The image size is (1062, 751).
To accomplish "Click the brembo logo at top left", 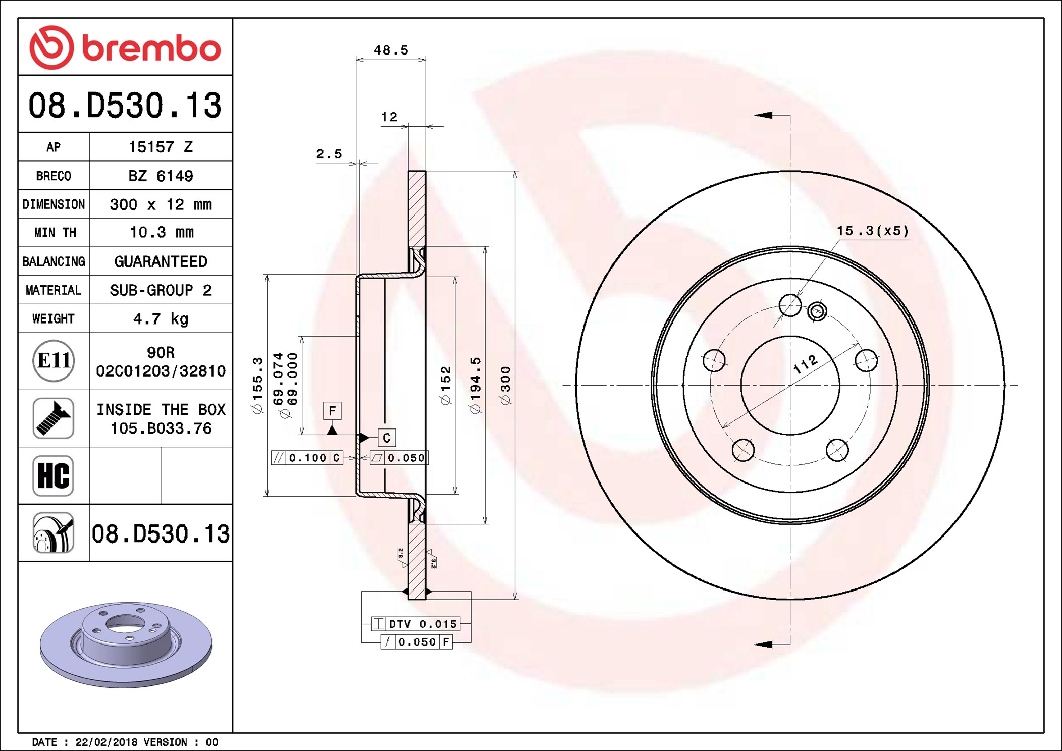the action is coord(125,47).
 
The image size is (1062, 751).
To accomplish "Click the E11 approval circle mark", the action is coord(54,361).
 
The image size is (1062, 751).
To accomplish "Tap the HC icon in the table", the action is coord(54,475).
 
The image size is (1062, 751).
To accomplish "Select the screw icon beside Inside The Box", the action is coord(54,418).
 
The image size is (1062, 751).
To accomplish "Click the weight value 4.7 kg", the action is coord(161,319).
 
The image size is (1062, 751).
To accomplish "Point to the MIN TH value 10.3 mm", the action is coord(162,232).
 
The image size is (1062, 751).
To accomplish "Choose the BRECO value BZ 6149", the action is coord(161,176).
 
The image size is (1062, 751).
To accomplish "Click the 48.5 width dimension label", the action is coord(391,50).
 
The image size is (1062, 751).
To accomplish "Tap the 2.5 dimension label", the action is coord(329,153).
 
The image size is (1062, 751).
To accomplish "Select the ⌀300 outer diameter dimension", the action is coord(505,386).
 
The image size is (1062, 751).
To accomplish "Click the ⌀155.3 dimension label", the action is coord(257,386).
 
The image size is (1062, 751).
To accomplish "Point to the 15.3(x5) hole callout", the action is coord(873,231).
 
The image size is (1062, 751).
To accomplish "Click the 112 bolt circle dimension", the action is coord(805,364).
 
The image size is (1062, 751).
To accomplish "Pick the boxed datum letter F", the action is coord(332,411).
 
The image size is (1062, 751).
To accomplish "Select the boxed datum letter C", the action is coord(387,438).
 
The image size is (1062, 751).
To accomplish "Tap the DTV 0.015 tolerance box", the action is coord(415,624).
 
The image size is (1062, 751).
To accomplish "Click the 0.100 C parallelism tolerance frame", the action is coord(307,458).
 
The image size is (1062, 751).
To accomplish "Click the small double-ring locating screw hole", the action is coord(817,311).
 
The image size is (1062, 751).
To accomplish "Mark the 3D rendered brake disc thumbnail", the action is coord(126,645).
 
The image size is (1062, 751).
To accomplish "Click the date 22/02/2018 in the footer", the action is coord(107,742).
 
